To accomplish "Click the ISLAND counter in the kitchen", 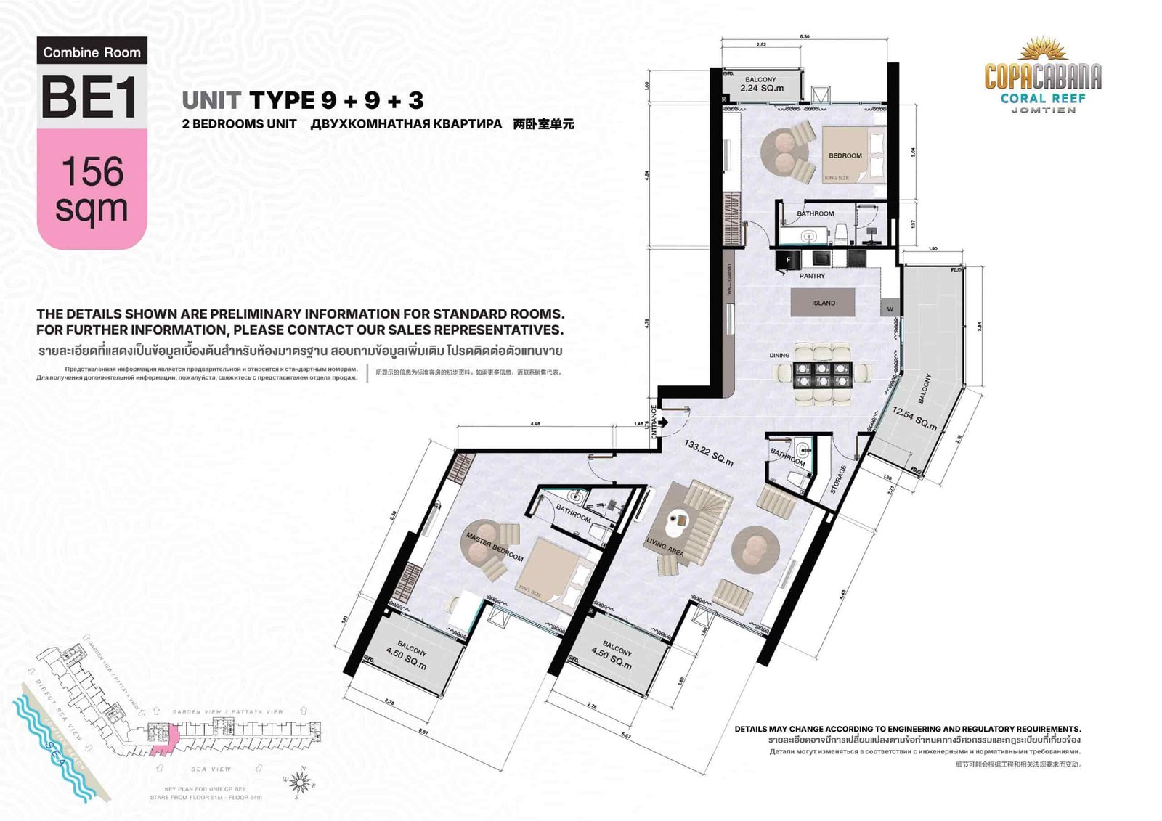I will (x=823, y=303).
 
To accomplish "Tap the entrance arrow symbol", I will (x=662, y=422).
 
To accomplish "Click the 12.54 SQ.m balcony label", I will (x=914, y=417).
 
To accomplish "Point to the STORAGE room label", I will (x=838, y=479).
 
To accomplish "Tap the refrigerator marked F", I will (x=788, y=259).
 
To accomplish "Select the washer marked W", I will (x=890, y=309).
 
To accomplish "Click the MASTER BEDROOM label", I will (x=494, y=546).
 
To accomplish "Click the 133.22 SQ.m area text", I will (x=708, y=452).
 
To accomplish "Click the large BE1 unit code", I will (x=90, y=97).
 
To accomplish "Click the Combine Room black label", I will (x=92, y=52).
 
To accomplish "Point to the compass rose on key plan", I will (x=298, y=782).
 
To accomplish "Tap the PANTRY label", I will (x=812, y=276).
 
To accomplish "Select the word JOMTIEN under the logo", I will (x=1043, y=110).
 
